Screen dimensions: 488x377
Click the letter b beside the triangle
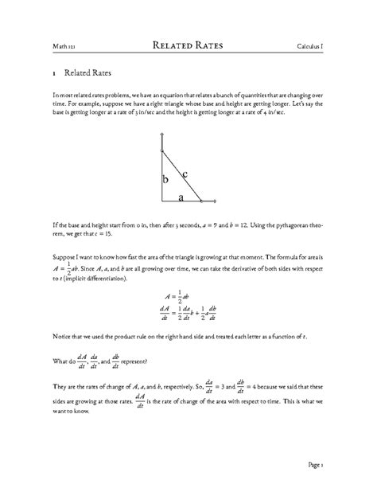[165, 181]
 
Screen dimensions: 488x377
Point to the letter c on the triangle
[185, 174]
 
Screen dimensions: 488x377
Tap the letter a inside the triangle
[181, 197]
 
